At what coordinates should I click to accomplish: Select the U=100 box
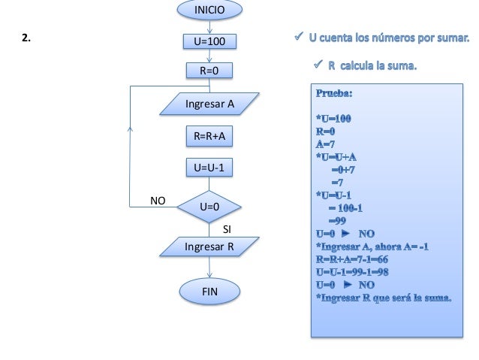[209, 41]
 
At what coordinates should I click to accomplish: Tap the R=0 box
[209, 71]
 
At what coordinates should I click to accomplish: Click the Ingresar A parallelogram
[209, 104]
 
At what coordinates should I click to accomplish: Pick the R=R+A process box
[209, 136]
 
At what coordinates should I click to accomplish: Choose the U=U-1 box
[209, 168]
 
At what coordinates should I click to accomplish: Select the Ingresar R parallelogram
[209, 246]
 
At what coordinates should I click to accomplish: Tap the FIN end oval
[209, 290]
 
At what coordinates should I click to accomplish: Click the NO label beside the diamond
[158, 201]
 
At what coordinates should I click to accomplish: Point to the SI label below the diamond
[228, 227]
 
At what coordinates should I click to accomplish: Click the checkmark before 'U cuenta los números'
[298, 37]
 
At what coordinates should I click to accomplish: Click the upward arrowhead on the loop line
[130, 129]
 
